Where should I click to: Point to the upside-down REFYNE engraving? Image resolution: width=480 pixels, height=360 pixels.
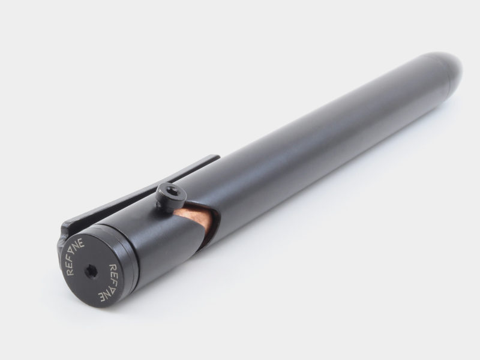click(x=108, y=281)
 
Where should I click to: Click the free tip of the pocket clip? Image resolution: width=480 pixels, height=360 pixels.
click(x=217, y=157)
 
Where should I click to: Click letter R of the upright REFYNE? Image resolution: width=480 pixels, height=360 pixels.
click(x=70, y=271)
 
